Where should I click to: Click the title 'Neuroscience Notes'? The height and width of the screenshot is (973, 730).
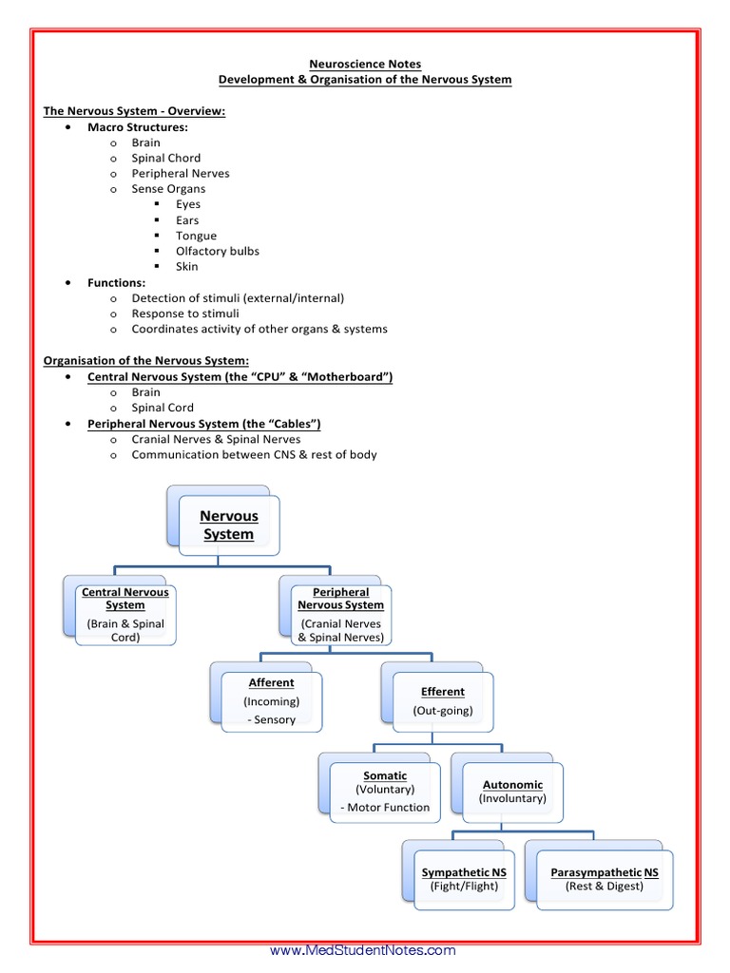[x=366, y=65]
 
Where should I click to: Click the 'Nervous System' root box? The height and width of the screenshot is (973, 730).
[x=228, y=525]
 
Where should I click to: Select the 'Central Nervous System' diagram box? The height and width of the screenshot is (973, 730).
[x=125, y=615]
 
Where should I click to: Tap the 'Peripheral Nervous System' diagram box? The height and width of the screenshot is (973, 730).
[x=340, y=615]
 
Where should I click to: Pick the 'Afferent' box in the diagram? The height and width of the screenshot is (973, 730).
[x=271, y=701]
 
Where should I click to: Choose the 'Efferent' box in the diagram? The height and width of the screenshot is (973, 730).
[x=442, y=701]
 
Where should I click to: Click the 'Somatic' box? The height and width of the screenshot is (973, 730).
[x=384, y=792]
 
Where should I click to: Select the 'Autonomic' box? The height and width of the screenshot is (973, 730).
[x=512, y=792]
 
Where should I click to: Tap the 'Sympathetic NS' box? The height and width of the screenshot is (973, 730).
[x=464, y=879]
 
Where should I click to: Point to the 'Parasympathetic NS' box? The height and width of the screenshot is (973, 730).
[x=604, y=879]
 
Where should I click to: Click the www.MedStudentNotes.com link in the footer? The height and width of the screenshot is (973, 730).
[x=363, y=950]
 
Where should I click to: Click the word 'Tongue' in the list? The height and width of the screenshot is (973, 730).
[x=196, y=236]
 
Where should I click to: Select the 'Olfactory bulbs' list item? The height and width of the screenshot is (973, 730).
[x=217, y=251]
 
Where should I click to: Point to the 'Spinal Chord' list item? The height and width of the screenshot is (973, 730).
[x=165, y=158]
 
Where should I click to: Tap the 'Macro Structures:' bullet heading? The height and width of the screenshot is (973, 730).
[x=138, y=126]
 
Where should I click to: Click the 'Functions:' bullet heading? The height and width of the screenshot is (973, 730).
[x=116, y=282]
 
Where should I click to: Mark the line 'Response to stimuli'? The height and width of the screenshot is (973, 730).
[x=185, y=314]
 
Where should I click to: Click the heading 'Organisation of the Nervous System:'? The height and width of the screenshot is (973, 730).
[x=146, y=360]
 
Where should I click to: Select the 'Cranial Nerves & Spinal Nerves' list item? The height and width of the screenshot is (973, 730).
[x=216, y=439]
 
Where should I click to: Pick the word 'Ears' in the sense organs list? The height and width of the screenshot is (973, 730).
[x=187, y=220]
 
